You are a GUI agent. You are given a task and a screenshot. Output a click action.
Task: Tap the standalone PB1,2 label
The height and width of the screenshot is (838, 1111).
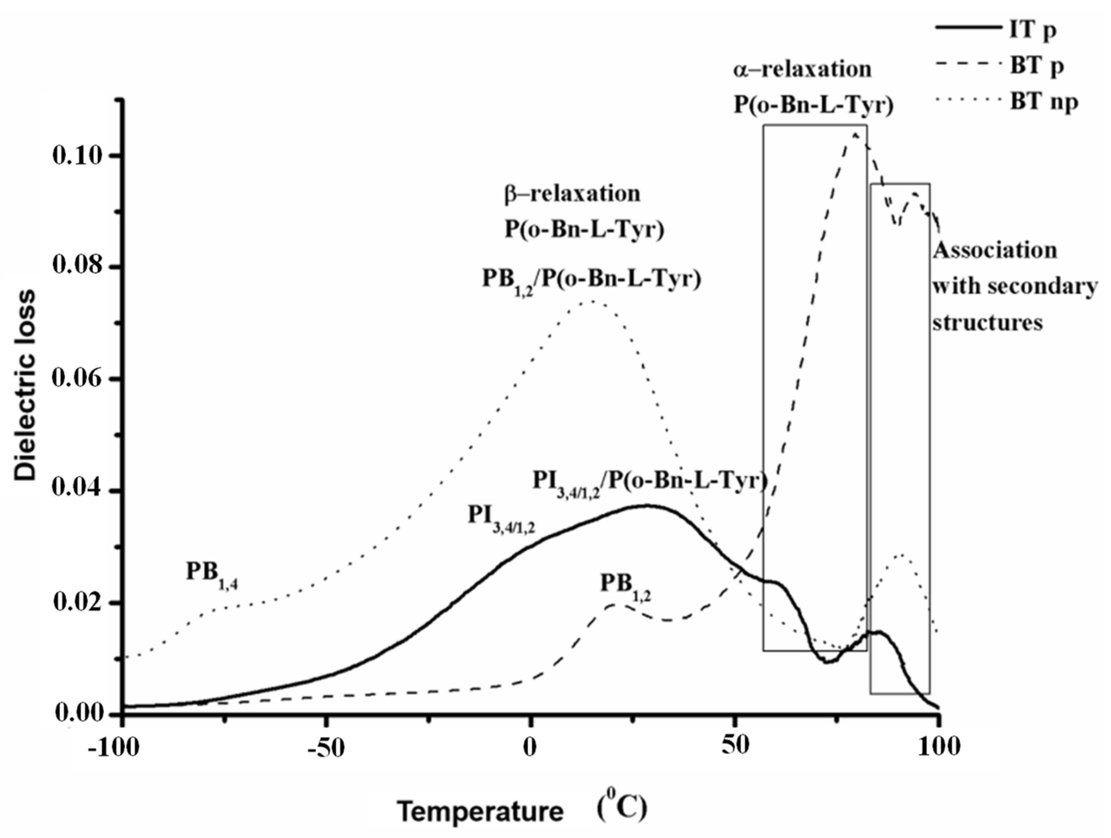pos(626,585)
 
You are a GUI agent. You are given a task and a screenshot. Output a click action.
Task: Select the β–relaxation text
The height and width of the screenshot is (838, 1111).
pos(572,194)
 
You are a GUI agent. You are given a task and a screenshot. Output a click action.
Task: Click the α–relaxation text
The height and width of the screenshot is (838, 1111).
pos(802,69)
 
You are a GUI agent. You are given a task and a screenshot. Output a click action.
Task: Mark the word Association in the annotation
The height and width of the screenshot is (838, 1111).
pos(995,250)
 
